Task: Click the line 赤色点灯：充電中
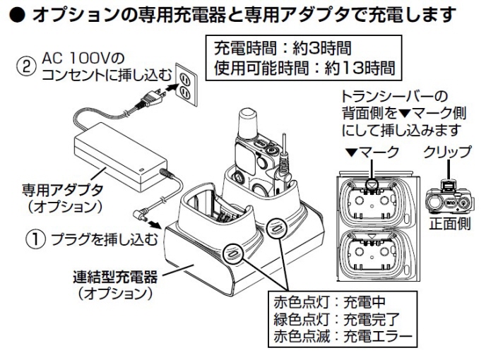pos(325,303)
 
